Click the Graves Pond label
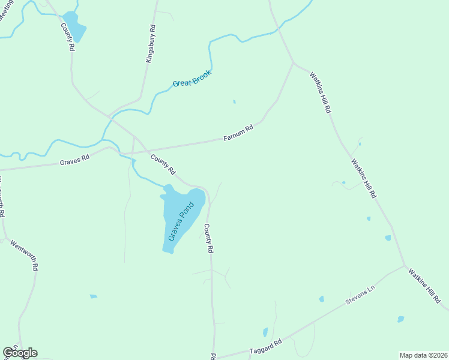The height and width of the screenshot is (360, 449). (x=182, y=221)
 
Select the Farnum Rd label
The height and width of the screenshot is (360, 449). (x=239, y=133)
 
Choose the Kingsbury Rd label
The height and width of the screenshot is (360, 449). (x=151, y=44)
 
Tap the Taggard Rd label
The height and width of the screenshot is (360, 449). (x=266, y=347)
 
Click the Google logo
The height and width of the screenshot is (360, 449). (x=20, y=353)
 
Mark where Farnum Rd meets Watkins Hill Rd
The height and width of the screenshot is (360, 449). (x=293, y=62)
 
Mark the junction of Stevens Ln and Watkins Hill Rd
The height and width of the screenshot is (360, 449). (x=405, y=266)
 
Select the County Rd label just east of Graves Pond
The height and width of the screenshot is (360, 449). (x=209, y=238)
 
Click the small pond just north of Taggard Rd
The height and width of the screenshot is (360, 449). (x=265, y=332)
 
